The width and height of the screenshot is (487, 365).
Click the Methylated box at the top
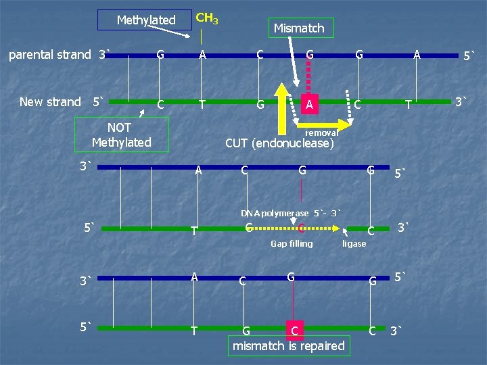145,20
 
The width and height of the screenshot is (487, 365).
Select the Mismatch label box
299,28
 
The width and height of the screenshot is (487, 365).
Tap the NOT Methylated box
121,135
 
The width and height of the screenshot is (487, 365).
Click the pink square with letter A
308,104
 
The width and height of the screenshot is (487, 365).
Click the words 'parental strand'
49,54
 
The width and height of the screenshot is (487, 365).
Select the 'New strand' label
50,102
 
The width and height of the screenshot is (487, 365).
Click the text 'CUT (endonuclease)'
279,143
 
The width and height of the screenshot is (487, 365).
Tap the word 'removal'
321,133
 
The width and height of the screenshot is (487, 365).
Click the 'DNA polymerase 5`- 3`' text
291,214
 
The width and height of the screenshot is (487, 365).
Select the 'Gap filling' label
292,243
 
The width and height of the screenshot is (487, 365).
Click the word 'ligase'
354,243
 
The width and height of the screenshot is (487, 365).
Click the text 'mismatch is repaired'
288,346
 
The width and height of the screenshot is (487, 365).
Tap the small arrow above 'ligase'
346,233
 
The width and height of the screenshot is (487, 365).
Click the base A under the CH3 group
202,55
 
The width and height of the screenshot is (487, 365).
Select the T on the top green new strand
203,104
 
